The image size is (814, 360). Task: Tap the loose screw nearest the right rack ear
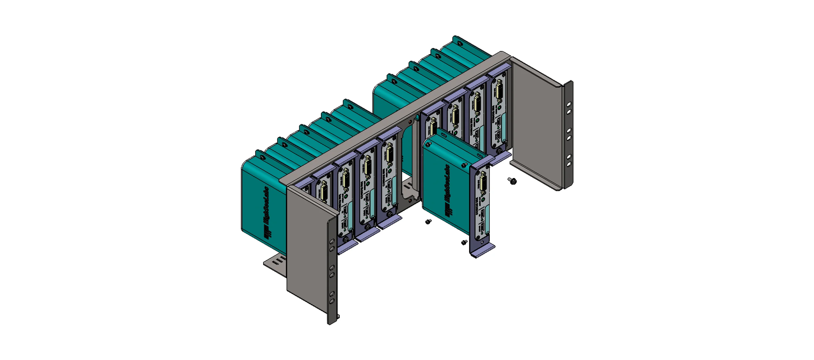[x=512, y=181]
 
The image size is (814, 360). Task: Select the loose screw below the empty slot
[x=428, y=222]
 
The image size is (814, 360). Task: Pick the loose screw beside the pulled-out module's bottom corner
[x=464, y=242]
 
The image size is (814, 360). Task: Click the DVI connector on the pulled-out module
[x=483, y=183]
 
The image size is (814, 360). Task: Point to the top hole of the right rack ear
[x=569, y=104]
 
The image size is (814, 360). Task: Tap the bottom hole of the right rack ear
[x=569, y=164]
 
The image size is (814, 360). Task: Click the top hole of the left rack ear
[x=332, y=241]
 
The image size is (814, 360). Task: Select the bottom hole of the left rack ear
[x=332, y=302]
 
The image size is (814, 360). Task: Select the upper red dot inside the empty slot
[x=410, y=122]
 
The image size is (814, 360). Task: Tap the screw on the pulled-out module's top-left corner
[x=428, y=144]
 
